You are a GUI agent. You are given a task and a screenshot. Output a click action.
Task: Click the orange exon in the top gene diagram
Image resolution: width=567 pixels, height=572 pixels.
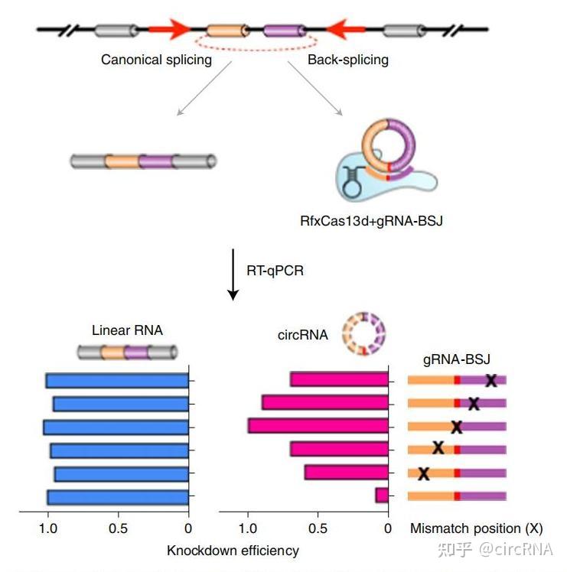(x=228, y=31)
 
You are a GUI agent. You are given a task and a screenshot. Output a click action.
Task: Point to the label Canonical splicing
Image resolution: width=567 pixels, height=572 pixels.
(x=156, y=60)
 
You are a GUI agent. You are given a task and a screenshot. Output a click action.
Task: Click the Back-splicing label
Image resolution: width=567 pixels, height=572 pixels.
(x=348, y=60)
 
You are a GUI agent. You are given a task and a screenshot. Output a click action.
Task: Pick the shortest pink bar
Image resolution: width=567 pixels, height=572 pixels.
(x=381, y=496)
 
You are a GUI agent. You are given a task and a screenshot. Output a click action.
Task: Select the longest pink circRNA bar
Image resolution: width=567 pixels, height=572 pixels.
(x=318, y=426)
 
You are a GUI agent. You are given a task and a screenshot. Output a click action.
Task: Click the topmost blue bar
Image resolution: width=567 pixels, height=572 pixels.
(x=117, y=380)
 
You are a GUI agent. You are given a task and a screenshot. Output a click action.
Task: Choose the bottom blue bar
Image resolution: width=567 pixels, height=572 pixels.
(x=118, y=497)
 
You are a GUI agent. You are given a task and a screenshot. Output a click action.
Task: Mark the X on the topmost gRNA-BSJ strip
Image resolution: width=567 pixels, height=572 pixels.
(x=491, y=380)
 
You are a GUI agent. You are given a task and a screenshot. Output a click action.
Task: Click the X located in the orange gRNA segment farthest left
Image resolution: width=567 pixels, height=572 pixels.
(x=423, y=473)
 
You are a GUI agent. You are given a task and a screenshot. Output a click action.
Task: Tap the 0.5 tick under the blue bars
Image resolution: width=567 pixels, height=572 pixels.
(x=119, y=527)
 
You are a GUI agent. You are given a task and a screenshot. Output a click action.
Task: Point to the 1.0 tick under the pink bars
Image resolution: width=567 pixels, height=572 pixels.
(x=248, y=527)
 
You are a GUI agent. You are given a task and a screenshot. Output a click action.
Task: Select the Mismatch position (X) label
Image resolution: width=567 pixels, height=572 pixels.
(x=476, y=528)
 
